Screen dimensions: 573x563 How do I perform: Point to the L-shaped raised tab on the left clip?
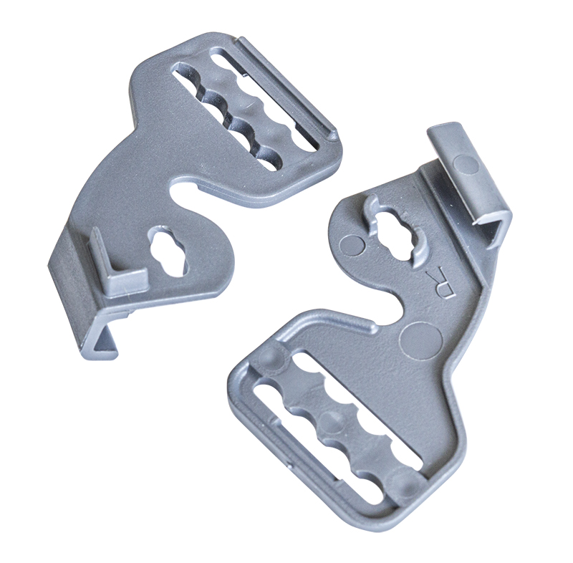(116, 266)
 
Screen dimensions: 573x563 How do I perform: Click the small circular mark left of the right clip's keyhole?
(352, 244)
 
